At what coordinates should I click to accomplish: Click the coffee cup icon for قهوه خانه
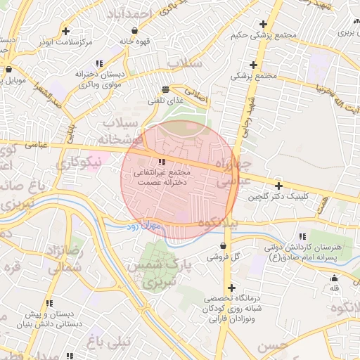tap(134, 30)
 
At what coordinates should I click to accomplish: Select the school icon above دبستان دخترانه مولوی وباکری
tap(100, 63)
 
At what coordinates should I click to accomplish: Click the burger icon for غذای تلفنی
tap(165, 89)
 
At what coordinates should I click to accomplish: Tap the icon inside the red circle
tap(163, 162)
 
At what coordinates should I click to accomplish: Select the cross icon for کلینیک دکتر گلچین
tap(279, 186)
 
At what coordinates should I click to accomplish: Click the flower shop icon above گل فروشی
tap(224, 246)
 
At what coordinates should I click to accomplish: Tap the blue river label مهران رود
tap(144, 226)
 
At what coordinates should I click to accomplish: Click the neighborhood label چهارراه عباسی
tap(233, 172)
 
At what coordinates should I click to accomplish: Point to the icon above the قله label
tap(334, 278)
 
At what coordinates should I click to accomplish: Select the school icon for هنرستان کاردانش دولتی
tap(302, 236)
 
